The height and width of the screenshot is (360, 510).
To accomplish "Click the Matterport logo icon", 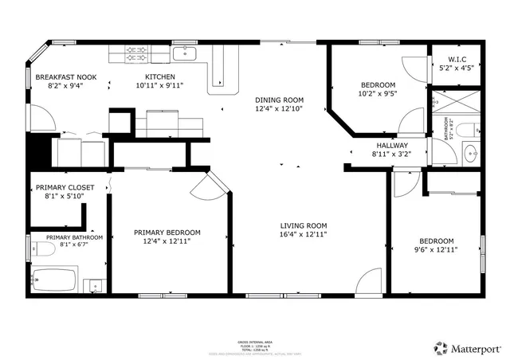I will pos(440,347).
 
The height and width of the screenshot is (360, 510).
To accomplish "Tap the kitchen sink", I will pos(185,53).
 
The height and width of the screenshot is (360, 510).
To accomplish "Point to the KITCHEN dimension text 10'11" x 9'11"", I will pos(159,84).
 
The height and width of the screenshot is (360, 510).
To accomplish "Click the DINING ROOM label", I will pos(279,100).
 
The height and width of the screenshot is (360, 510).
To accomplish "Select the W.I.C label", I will pos(457,59).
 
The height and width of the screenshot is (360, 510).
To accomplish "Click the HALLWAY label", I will pos(391,146).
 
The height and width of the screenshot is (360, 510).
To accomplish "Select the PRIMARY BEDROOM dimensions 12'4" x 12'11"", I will pos(171,241).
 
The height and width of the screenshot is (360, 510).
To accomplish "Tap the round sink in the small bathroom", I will pos(469,152).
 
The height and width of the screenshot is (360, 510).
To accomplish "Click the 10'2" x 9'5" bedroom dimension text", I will pos(378,93).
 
